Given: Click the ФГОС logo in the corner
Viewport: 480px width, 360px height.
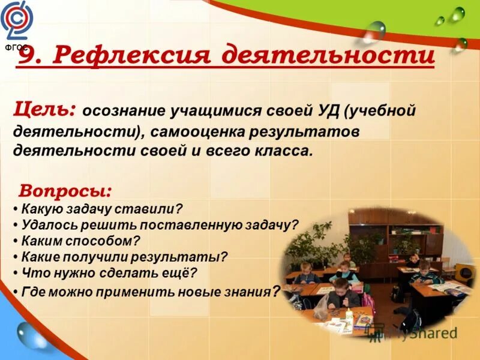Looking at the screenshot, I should point(17,23).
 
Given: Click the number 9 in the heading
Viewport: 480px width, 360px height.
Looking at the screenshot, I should point(28,56).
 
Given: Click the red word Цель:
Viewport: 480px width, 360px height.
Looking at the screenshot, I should point(44,110).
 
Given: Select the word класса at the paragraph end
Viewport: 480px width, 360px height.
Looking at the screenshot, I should point(287,149).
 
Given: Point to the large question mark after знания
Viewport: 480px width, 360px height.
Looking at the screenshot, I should point(275,292).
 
